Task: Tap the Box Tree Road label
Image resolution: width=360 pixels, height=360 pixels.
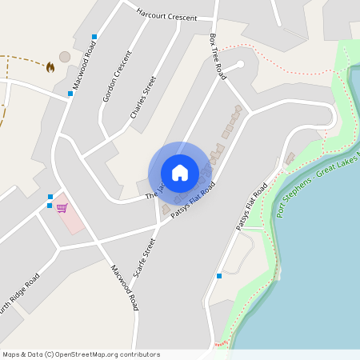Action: [x=218, y=56]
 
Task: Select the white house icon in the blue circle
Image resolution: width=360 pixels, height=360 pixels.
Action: [x=180, y=173]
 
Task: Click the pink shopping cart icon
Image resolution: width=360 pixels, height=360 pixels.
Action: [x=62, y=208]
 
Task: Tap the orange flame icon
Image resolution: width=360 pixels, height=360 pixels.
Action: [x=51, y=68]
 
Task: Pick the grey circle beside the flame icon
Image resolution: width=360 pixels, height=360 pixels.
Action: [x=65, y=58]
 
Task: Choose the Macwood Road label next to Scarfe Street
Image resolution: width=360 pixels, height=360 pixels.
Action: [x=126, y=287]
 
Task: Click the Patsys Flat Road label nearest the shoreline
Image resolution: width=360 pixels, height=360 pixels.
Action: [x=251, y=207]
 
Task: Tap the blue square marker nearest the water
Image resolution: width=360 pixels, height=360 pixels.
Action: [x=218, y=276]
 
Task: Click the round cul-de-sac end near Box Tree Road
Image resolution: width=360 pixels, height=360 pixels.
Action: [x=240, y=64]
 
